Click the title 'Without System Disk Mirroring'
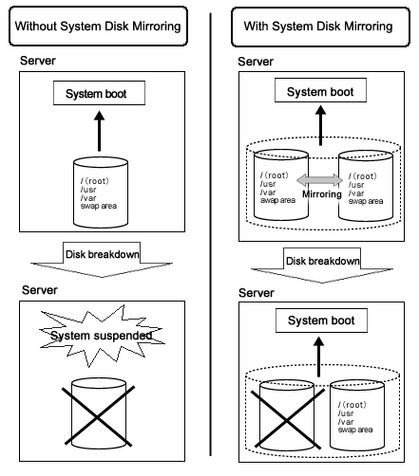98,27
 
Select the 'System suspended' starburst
102,336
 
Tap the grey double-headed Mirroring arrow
319,180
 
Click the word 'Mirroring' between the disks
322,194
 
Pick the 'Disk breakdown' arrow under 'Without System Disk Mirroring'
102,260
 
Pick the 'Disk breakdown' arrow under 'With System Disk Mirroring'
322,265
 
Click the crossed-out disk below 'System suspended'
99,413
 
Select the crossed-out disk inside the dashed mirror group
287,415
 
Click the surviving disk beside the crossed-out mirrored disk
357,415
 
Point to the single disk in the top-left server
101,192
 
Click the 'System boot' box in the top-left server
99,93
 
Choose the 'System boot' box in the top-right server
320,90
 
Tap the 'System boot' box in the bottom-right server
321,320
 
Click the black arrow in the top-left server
100,131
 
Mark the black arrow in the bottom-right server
319,357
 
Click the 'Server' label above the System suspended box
40,290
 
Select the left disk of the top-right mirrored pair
281,185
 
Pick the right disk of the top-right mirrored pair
366,186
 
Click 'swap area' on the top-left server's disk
99,206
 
